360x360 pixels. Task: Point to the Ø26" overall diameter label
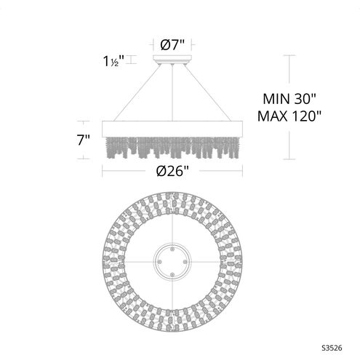pos(173,172)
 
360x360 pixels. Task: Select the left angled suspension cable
pos(138,90)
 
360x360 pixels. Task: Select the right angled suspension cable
pos(208,90)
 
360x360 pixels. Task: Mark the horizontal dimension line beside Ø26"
pos(131,172)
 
